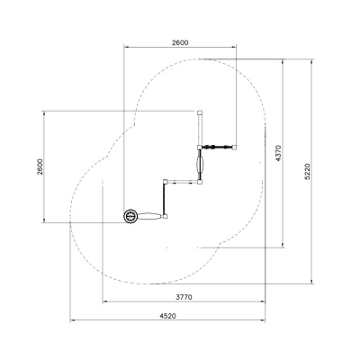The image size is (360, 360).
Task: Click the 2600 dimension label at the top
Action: [x=180, y=42]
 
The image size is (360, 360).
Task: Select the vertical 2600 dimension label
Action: [x=40, y=166]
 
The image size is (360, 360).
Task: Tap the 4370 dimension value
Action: [x=278, y=153]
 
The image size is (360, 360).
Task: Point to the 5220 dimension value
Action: [x=307, y=172]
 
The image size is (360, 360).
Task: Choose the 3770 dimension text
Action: [x=184, y=297]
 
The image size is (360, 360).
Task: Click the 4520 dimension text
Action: [x=168, y=316]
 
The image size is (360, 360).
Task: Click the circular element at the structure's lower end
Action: [x=130, y=216]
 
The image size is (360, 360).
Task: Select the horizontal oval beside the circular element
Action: [x=149, y=216]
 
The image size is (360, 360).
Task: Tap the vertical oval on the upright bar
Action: [x=200, y=164]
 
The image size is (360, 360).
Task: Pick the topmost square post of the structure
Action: [x=200, y=113]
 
